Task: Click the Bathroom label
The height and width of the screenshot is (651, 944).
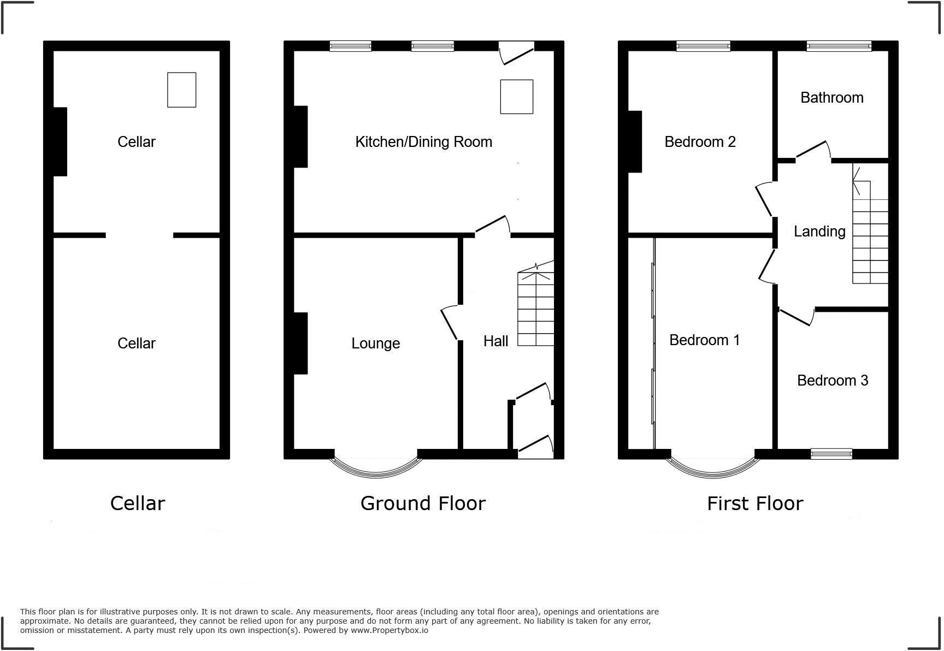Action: [x=831, y=98]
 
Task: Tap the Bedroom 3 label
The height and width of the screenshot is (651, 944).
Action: [x=832, y=381]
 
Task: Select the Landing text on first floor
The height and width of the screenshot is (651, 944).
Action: [x=819, y=232]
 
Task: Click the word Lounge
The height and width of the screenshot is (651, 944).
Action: [x=375, y=344]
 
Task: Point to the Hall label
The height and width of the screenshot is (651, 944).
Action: [x=495, y=341]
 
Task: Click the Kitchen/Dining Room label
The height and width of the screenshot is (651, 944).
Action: [x=423, y=142]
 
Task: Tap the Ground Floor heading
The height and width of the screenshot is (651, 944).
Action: [x=422, y=504]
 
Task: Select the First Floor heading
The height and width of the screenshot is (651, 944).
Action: [x=754, y=504]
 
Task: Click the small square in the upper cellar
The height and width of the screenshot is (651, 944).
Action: [x=181, y=90]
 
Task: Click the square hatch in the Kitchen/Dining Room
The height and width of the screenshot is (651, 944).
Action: [x=516, y=97]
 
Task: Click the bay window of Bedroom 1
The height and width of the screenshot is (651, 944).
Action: [x=713, y=469]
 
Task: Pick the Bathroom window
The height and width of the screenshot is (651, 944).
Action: [x=839, y=47]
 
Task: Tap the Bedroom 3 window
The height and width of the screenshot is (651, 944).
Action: [x=831, y=453]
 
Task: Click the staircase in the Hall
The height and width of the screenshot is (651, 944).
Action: [x=536, y=309]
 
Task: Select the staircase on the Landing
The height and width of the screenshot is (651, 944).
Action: [x=870, y=232]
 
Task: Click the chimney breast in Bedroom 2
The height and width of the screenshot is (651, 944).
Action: [x=635, y=141]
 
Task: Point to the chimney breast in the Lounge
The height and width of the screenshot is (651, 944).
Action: [x=300, y=343]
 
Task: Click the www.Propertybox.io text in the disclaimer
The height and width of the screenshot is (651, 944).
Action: [x=389, y=630]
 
